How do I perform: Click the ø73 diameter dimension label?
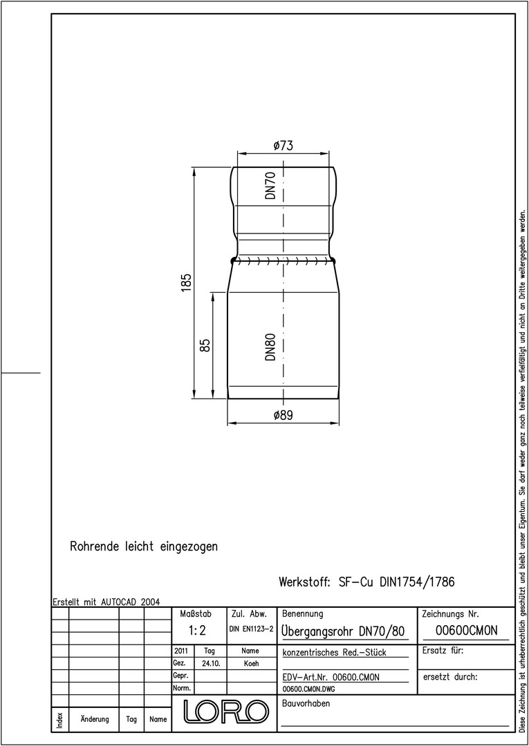click(x=284, y=146)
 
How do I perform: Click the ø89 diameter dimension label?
click(x=284, y=415)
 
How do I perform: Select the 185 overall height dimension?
click(x=186, y=283)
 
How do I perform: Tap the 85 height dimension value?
click(x=205, y=345)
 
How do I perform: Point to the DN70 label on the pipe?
click(x=270, y=185)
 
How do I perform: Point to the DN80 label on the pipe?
click(x=270, y=347)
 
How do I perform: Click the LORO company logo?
click(x=225, y=711)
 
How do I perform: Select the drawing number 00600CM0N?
click(x=466, y=631)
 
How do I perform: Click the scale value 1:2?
click(x=196, y=631)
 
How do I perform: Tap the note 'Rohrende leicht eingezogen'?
click(x=144, y=546)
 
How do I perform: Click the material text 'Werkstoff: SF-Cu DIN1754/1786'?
click(x=366, y=582)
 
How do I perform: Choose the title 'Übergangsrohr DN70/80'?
click(x=343, y=631)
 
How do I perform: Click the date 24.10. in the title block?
click(x=210, y=664)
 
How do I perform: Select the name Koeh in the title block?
click(x=251, y=664)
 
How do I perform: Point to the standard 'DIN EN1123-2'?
click(x=251, y=629)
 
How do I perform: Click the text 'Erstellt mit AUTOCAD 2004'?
click(x=106, y=602)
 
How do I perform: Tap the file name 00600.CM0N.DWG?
click(x=308, y=689)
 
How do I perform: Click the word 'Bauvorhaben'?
click(x=306, y=704)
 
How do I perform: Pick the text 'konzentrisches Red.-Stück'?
click(x=334, y=652)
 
